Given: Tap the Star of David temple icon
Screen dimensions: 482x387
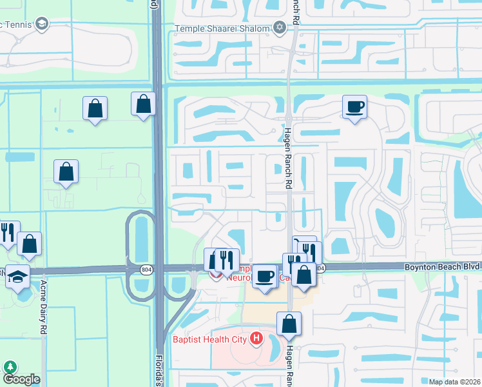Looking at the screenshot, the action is pyautogui.click(x=279, y=27).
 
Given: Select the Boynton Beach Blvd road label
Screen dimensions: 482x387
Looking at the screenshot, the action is pyautogui.click(x=442, y=266).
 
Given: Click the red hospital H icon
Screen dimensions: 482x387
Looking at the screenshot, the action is pyautogui.click(x=257, y=338).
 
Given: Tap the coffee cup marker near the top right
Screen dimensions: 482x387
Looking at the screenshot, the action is pyautogui.click(x=354, y=106).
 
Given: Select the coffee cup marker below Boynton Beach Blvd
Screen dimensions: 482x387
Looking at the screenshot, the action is pyautogui.click(x=264, y=276).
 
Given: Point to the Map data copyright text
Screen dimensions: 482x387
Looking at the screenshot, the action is pyautogui.click(x=455, y=382).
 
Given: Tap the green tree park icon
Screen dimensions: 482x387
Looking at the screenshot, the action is pyautogui.click(x=10, y=367).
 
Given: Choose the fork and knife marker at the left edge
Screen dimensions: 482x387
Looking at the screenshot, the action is pyautogui.click(x=8, y=232).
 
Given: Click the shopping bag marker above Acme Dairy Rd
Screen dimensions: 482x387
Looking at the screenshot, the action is pyautogui.click(x=29, y=243).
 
